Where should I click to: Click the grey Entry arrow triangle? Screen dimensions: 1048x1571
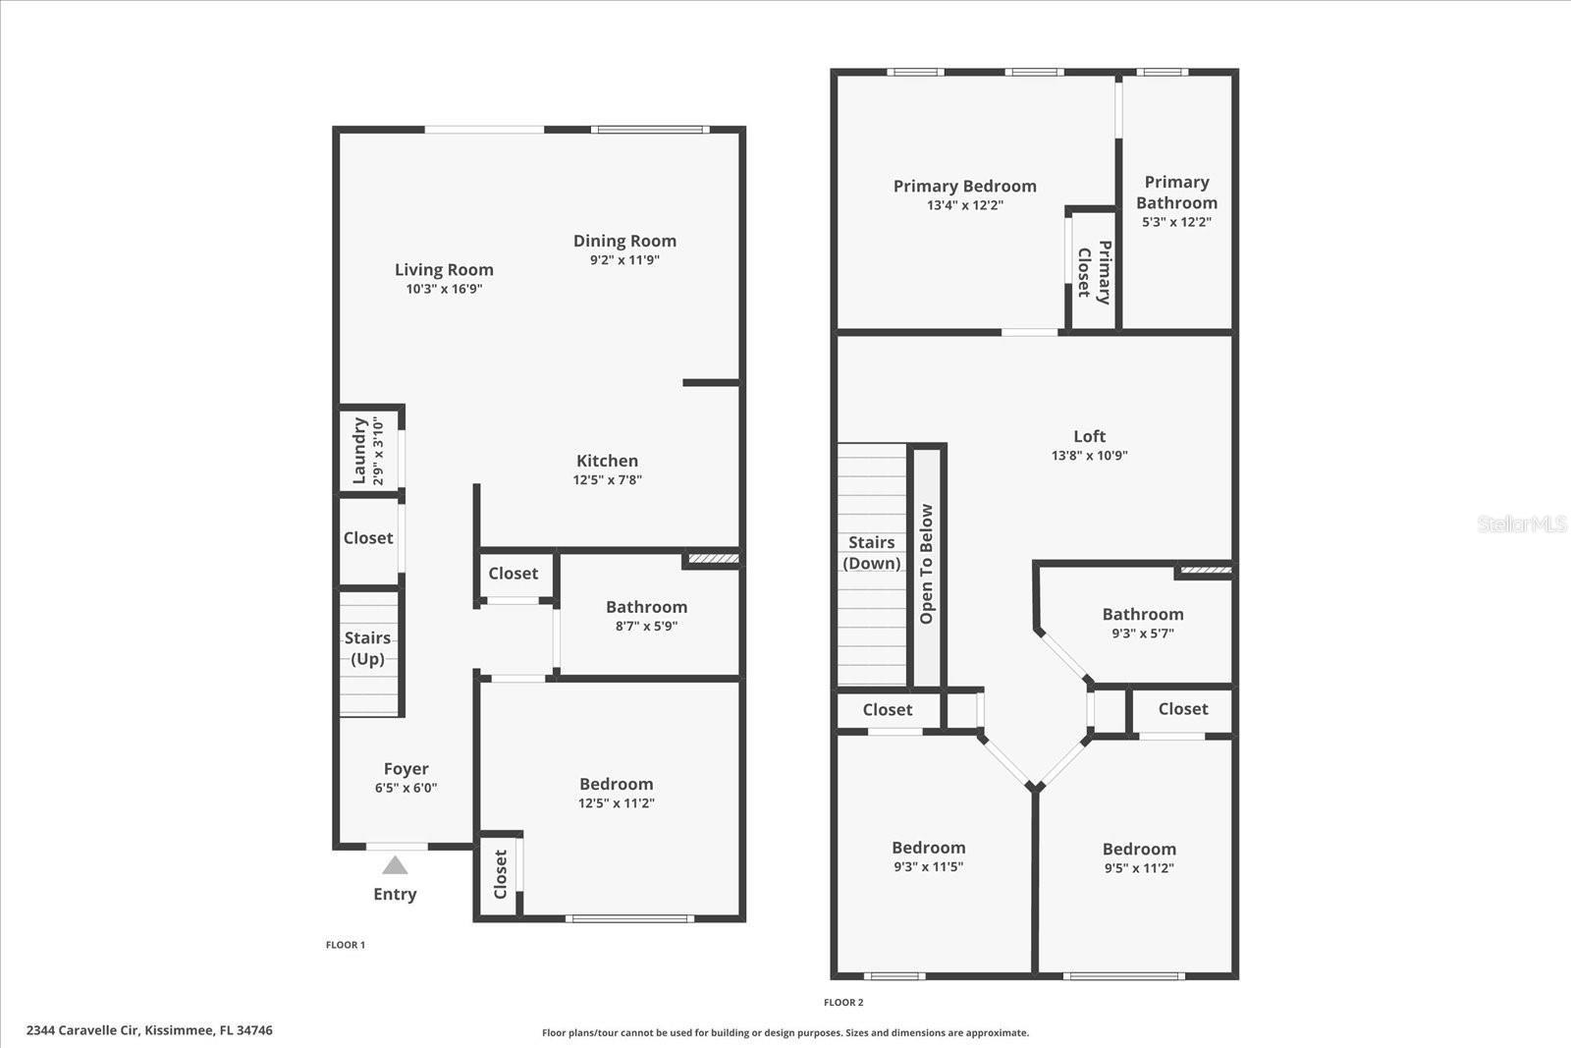(395, 865)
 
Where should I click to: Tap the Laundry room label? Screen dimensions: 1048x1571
(360, 451)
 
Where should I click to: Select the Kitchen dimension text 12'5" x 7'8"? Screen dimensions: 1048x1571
(607, 480)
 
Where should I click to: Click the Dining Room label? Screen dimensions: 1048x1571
(624, 241)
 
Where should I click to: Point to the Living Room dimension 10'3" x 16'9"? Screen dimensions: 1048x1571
(444, 290)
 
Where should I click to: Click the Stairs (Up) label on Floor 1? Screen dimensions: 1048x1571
(368, 648)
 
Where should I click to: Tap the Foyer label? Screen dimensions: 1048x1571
(406, 769)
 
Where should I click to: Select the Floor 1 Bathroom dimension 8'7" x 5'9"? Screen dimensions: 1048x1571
(646, 627)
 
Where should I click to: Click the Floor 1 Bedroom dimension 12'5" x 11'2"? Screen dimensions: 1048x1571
(616, 803)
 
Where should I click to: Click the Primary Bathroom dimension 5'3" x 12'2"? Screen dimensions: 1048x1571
(1176, 222)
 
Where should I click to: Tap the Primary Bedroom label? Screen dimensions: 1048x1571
(964, 186)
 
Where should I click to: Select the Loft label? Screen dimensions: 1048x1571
(1089, 436)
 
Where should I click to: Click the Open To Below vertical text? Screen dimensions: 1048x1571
(926, 565)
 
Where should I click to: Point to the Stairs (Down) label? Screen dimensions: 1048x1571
(872, 553)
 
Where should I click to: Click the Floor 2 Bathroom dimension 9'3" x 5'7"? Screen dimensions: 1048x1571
(1143, 634)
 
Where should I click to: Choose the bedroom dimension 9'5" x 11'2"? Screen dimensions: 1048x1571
(1139, 868)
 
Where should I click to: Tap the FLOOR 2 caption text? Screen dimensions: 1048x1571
(843, 1003)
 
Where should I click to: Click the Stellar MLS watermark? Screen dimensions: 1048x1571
(1521, 524)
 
